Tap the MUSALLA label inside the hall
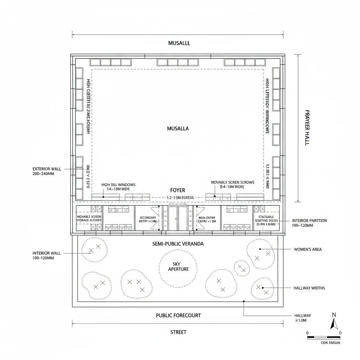tap(178, 129)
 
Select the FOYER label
tap(177, 190)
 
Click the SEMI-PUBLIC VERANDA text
tap(178, 244)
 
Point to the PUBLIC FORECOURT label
tap(178, 315)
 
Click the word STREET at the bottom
tap(178, 332)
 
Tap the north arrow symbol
tap(334, 322)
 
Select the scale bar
tap(323, 337)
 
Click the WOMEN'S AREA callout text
tap(307, 249)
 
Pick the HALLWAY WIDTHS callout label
tap(309, 288)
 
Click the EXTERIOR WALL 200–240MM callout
tap(47, 171)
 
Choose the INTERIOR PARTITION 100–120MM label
tap(309, 223)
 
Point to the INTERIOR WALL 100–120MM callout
tap(43, 255)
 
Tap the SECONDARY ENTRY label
tap(148, 219)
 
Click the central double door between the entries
tap(178, 218)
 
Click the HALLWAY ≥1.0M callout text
tap(302, 318)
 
